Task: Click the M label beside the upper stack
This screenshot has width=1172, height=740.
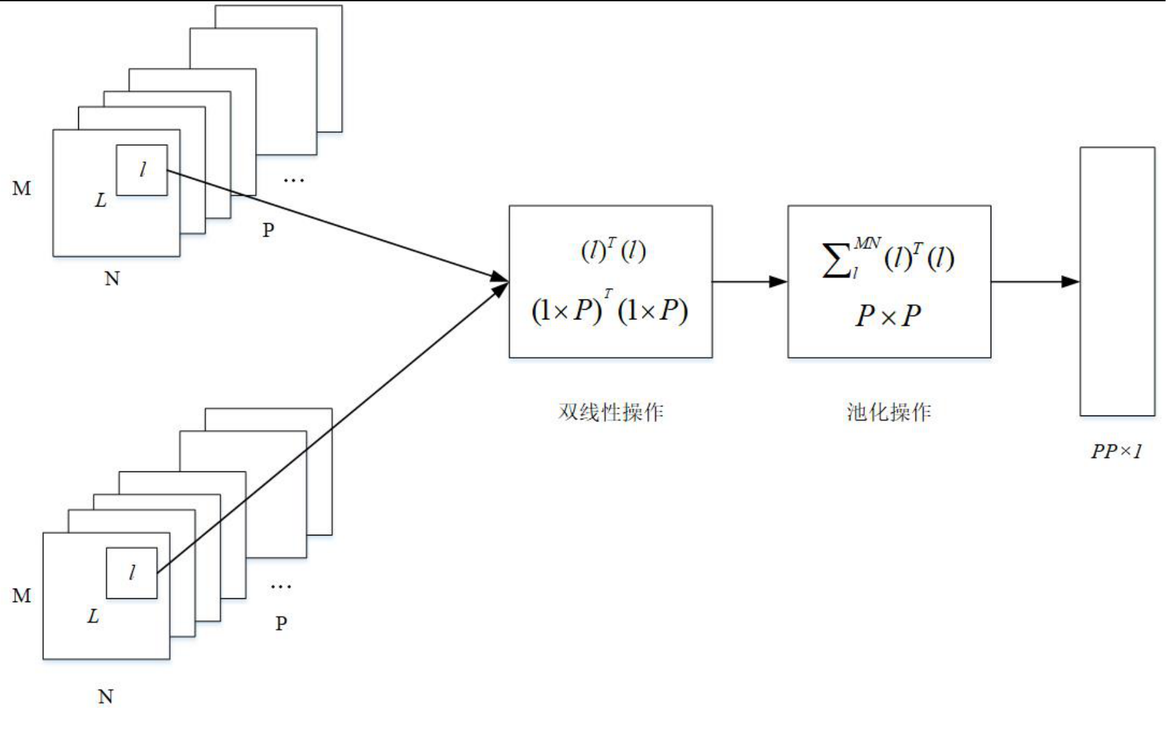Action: click(x=22, y=189)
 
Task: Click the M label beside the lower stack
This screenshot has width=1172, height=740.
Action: click(x=22, y=596)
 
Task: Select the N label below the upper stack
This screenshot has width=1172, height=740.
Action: click(x=112, y=279)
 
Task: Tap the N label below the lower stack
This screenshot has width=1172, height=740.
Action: click(x=106, y=696)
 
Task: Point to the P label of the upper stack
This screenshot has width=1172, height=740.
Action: click(x=269, y=230)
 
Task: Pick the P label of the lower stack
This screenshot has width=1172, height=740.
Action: click(x=281, y=623)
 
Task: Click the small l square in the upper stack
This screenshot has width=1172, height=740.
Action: click(x=142, y=170)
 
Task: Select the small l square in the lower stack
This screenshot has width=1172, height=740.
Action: click(x=131, y=573)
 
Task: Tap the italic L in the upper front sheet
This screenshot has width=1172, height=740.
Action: click(x=101, y=201)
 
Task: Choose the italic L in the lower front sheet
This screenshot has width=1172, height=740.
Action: click(x=94, y=617)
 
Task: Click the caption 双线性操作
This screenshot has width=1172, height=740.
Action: click(x=610, y=412)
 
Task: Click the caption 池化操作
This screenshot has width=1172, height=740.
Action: click(x=889, y=412)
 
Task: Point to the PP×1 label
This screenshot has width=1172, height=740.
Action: click(x=1117, y=451)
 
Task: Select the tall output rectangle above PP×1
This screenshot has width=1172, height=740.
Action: click(x=1117, y=281)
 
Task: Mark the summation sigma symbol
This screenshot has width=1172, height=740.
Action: click(x=835, y=260)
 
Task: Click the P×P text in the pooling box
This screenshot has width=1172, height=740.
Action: click(x=888, y=315)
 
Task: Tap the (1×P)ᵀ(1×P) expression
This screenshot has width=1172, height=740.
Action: click(x=610, y=311)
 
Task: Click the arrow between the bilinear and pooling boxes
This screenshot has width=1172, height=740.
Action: click(x=749, y=282)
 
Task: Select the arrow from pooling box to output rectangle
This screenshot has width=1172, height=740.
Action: click(x=1035, y=282)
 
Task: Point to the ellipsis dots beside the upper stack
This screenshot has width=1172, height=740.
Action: click(x=294, y=180)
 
